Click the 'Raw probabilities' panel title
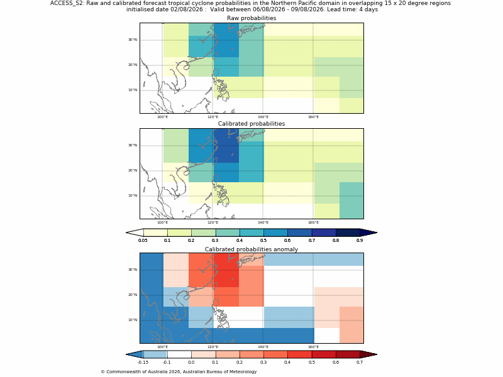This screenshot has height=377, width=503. [251, 18]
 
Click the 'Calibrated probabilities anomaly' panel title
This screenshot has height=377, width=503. [251, 249]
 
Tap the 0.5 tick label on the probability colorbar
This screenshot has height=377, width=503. [263, 241]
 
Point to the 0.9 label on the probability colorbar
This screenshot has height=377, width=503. [360, 241]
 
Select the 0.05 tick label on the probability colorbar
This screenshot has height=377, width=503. [143, 241]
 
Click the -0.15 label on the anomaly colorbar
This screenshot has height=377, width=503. [143, 363]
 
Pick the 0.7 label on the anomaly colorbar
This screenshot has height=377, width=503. [360, 363]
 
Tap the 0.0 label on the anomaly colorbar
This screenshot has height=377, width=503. [191, 363]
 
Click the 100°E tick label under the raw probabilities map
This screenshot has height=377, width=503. [163, 117]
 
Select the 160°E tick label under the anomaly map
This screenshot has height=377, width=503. [313, 347]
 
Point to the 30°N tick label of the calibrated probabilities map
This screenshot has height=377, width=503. [133, 145]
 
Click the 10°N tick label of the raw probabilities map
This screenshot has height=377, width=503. [133, 90]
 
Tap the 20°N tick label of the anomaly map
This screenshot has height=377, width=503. [133, 295]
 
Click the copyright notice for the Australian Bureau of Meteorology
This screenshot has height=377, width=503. [179, 372]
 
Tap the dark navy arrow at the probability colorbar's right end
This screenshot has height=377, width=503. [368, 232]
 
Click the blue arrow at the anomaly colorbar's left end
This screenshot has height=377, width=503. [135, 354]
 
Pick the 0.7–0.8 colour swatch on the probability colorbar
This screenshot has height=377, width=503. [324, 232]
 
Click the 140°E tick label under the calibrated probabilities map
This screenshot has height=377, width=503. [263, 222]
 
